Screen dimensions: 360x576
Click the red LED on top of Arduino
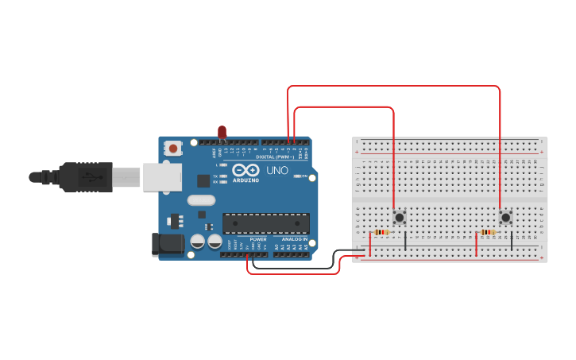click(x=222, y=132)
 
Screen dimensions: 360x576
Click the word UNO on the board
click(x=276, y=170)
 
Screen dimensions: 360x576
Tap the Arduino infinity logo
click(x=246, y=170)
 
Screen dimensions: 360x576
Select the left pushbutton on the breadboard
click(x=399, y=217)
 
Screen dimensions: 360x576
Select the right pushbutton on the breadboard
click(x=505, y=217)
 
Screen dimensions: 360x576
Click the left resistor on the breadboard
click(x=381, y=232)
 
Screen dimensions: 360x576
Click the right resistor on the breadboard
click(x=488, y=232)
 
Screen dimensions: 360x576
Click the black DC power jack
click(x=168, y=243)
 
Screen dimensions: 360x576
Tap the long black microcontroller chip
click(x=265, y=223)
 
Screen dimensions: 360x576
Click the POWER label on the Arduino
click(x=258, y=238)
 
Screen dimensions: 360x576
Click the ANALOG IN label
click(x=294, y=238)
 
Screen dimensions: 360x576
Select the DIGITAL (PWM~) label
click(x=275, y=157)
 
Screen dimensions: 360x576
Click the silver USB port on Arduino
click(x=162, y=177)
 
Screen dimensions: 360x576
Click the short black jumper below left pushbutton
click(x=405, y=242)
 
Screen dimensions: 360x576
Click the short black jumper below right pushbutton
click(x=512, y=242)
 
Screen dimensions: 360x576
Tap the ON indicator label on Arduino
click(x=304, y=176)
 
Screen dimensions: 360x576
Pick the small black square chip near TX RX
click(x=203, y=180)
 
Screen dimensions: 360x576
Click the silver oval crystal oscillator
click(x=202, y=200)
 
